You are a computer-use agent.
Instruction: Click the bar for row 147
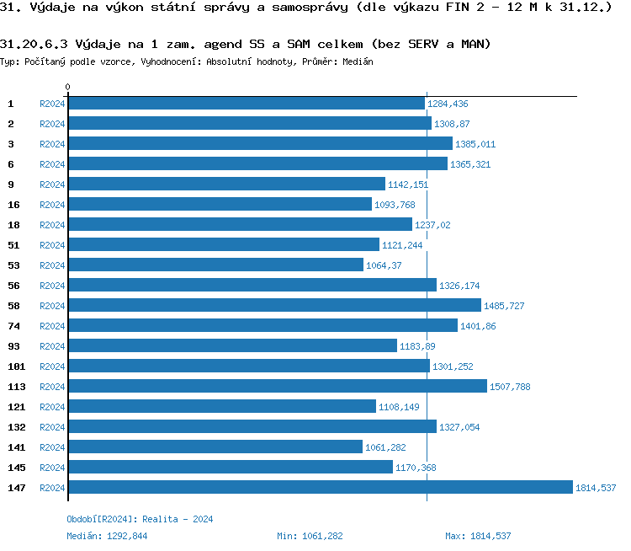(x=320, y=487)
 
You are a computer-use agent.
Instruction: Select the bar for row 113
(x=278, y=386)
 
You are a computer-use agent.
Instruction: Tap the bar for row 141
(x=215, y=447)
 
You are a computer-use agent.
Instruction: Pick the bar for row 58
(x=274, y=305)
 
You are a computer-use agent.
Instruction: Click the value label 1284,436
(x=448, y=104)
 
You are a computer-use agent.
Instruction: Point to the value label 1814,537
(x=596, y=488)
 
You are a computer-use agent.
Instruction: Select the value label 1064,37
(x=384, y=265)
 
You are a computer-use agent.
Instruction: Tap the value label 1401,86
(x=479, y=326)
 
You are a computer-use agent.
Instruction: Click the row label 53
(x=13, y=265)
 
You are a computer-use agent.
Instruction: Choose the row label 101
(x=16, y=366)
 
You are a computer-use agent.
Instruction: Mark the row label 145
(x=16, y=468)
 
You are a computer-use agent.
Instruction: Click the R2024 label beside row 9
(x=52, y=185)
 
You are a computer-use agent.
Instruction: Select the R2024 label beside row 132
(x=52, y=427)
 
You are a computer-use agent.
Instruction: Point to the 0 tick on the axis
(x=68, y=87)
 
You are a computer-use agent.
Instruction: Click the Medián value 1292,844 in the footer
(x=127, y=536)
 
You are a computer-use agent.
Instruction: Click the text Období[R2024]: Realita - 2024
(x=140, y=519)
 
